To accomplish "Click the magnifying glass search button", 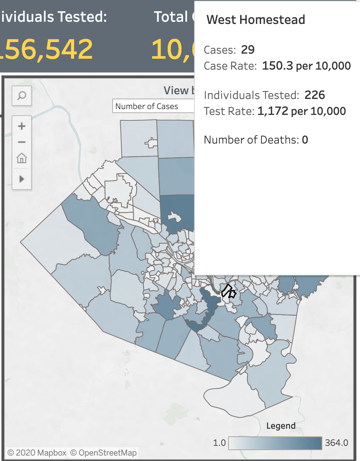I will [22, 96].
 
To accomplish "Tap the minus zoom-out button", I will [22, 142].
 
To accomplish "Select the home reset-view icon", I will [22, 158].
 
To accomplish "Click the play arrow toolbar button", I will [22, 179].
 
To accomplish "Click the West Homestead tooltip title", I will [256, 20].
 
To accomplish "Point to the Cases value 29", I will [248, 50].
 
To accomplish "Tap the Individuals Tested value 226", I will [314, 95].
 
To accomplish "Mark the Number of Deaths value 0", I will [305, 140].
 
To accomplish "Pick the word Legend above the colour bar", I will [281, 426].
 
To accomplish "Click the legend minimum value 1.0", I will [219, 443].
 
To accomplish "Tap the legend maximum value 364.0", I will [336, 443].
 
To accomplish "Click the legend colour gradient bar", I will [275, 443].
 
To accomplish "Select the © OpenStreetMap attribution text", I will [104, 453].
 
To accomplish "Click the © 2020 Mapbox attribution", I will [37, 453].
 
